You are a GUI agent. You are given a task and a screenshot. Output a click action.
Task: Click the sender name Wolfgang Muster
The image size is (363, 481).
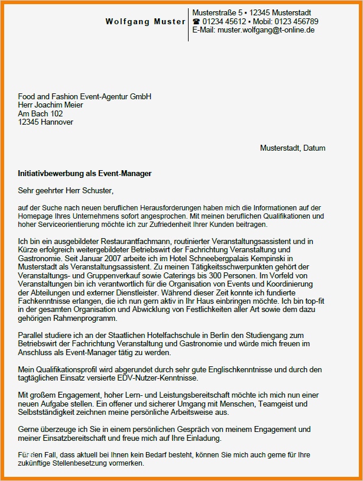click(x=145, y=22)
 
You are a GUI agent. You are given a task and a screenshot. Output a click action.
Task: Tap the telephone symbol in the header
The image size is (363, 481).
click(x=197, y=22)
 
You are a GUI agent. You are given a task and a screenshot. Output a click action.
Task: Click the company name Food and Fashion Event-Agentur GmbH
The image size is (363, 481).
click(x=85, y=97)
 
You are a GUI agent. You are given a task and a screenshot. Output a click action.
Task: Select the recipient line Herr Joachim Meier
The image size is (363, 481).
click(x=51, y=105)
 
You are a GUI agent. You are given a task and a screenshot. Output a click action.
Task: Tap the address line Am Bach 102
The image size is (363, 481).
click(x=40, y=113)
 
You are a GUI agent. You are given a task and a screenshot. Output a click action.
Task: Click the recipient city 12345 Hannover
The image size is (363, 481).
click(x=46, y=122)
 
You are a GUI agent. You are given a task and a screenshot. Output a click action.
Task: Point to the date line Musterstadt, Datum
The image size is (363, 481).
click(x=293, y=148)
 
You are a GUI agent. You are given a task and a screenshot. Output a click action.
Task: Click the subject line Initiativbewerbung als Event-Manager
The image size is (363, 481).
click(x=85, y=174)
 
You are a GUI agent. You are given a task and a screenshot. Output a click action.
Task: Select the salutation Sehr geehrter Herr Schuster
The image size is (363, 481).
click(x=65, y=190)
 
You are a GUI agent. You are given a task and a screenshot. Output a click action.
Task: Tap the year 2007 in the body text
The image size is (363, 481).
click(x=113, y=259)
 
